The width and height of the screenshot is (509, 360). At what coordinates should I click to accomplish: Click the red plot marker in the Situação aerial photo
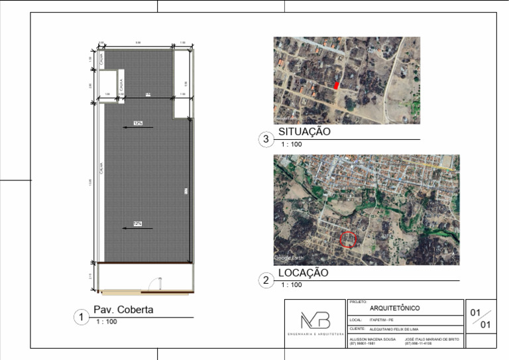coord(336,85)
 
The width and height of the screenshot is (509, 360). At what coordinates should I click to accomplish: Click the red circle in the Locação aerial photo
coord(348,239)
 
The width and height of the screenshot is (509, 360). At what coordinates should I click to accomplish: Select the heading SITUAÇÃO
coord(304,132)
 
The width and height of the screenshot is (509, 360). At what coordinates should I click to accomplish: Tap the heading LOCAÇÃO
coord(303,272)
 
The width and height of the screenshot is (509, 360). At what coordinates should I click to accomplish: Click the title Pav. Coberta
coord(123,310)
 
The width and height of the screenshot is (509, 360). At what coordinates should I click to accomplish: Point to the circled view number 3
coord(266,139)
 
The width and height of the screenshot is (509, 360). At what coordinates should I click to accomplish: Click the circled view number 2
coord(266,280)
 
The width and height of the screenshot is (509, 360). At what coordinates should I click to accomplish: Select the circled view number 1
coord(81,318)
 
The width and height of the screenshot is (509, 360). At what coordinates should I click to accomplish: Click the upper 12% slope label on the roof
coord(138,123)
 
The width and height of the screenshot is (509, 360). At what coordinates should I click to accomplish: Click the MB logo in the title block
coord(315,320)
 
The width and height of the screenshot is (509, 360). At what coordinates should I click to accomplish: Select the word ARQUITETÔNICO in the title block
coord(394,308)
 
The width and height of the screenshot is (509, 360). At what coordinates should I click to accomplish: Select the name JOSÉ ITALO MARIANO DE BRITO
coord(431,339)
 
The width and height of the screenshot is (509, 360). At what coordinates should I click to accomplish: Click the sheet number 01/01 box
coord(481,318)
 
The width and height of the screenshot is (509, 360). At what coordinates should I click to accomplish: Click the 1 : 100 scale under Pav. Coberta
coord(107,322)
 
